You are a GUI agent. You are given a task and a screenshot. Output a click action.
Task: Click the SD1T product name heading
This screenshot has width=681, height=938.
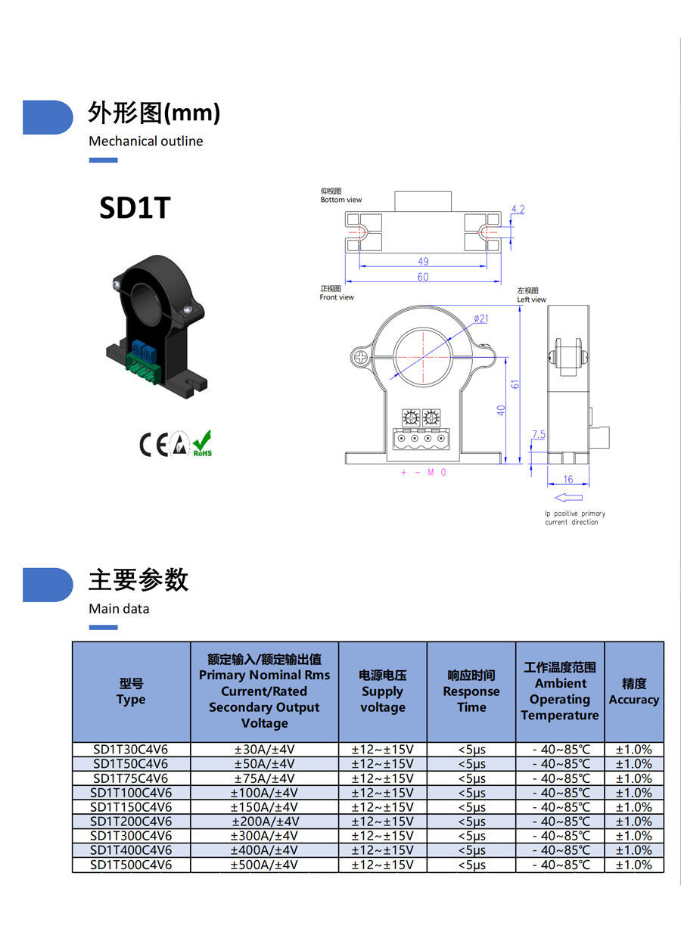135,209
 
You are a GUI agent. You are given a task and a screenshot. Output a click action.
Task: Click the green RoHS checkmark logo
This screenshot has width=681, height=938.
202,443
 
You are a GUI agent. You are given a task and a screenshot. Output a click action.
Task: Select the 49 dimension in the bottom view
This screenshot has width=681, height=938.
423,262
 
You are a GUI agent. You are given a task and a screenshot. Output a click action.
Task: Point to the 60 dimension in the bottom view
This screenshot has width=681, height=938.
423,277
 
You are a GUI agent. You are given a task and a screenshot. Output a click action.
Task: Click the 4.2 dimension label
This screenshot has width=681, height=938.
518,210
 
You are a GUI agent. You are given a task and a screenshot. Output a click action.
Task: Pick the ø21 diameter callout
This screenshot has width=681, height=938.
480,318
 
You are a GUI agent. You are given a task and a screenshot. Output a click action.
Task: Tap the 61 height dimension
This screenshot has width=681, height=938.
515,384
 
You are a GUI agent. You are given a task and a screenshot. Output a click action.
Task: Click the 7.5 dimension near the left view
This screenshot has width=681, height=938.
538,435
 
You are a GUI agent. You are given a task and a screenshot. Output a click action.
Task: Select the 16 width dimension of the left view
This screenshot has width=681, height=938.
568,480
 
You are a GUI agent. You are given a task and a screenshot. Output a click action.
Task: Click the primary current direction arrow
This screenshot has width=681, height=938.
568,498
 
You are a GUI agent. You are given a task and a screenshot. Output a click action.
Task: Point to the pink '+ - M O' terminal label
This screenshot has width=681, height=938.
424,473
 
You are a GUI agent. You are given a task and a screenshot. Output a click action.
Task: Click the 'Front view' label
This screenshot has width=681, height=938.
337,297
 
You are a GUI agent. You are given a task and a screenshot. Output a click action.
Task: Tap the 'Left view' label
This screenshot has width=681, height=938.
531,300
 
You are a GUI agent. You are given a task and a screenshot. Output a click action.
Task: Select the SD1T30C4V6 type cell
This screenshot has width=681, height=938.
131,750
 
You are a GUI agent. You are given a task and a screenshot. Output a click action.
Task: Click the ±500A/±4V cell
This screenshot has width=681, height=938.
264,865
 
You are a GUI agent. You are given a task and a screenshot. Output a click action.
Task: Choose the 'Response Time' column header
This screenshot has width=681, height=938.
471,691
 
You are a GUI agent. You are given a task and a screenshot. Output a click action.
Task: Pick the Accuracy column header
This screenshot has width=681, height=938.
634,691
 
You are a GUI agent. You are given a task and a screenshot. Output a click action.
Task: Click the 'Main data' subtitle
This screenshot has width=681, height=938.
119,609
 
